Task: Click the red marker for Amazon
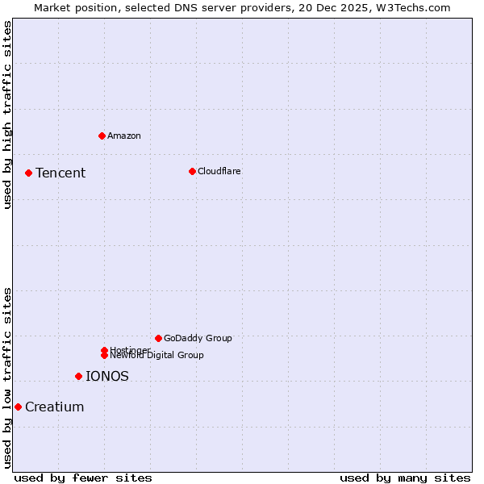click(x=102, y=136)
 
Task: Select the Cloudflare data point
click(x=192, y=171)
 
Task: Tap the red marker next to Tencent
click(x=28, y=173)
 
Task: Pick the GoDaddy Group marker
click(x=158, y=338)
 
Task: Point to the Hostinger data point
click(x=104, y=350)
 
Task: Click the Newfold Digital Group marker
click(x=104, y=355)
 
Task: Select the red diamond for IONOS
click(x=78, y=376)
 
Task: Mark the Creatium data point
click(x=18, y=407)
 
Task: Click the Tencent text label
click(x=60, y=173)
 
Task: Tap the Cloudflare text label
click(x=219, y=171)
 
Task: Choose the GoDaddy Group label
click(x=198, y=338)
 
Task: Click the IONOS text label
click(x=107, y=376)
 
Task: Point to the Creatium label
click(x=55, y=407)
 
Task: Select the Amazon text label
click(x=124, y=136)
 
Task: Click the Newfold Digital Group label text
click(x=157, y=356)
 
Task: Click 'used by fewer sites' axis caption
click(x=83, y=478)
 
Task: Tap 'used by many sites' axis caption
click(x=405, y=478)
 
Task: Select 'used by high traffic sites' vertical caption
click(x=8, y=114)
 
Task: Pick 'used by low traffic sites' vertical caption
click(x=8, y=378)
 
